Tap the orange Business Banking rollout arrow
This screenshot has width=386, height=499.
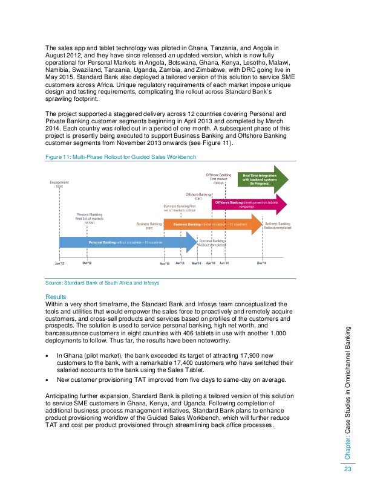pyautogui.click(x=212, y=224)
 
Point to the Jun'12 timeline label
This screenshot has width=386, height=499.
pyautogui.click(x=59, y=263)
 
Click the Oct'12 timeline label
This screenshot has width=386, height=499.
pyautogui.click(x=87, y=263)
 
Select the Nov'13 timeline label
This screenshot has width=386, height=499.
pyautogui.click(x=165, y=263)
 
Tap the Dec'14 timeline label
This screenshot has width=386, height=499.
pyautogui.click(x=261, y=263)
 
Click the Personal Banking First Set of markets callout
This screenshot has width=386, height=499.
pyautogui.click(x=90, y=217)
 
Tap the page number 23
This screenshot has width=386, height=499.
pyautogui.click(x=347, y=471)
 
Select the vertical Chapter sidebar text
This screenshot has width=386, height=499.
pyautogui.click(x=347, y=393)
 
